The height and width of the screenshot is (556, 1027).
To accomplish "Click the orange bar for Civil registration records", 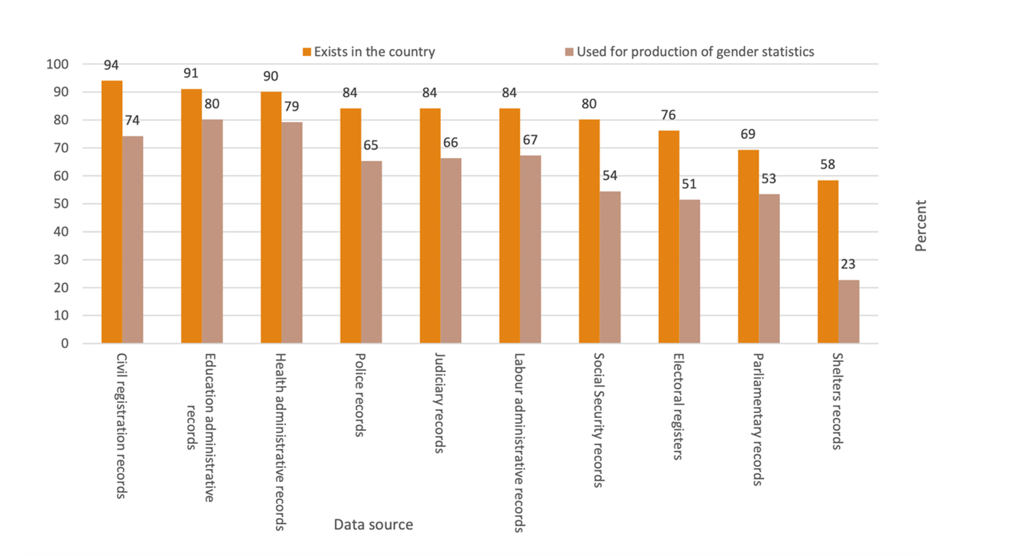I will point(111,212).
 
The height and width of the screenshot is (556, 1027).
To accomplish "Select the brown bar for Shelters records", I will point(848,311).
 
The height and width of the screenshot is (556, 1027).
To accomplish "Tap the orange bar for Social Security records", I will point(589,231).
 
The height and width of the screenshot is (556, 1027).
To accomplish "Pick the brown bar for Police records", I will point(371,252).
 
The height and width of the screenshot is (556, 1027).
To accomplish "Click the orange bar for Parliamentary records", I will point(748,246).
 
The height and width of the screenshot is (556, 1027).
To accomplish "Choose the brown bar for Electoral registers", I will point(689,272).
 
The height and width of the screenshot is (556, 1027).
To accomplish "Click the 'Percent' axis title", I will point(921,226).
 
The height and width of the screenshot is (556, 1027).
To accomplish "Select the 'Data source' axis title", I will point(373,525).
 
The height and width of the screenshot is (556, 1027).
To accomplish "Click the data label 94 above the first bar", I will point(111,65).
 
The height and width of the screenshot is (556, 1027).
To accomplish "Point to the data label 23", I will point(849,264).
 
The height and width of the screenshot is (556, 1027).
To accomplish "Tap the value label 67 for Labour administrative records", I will point(531,139).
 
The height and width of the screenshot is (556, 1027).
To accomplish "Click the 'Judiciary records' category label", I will point(440,402).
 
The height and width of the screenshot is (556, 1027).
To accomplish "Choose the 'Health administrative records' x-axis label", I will point(281,441).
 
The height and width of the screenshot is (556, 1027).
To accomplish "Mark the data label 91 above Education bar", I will point(190,73).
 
